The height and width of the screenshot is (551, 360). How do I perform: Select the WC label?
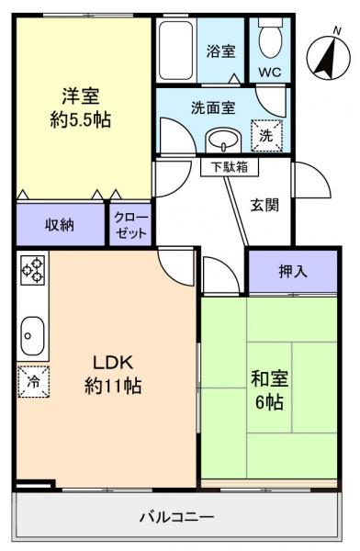click(270, 72)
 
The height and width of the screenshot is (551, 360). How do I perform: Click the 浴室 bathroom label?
click(220, 51)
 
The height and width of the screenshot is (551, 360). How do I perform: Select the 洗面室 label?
click(213, 106)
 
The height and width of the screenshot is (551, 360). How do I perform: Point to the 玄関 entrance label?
click(266, 205)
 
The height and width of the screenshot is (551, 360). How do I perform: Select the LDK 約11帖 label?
click(107, 373)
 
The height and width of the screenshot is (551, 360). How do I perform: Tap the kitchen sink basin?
click(31, 333)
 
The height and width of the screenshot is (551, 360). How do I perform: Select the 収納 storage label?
click(60, 224)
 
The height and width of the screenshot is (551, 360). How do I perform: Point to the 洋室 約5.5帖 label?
click(80, 107)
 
